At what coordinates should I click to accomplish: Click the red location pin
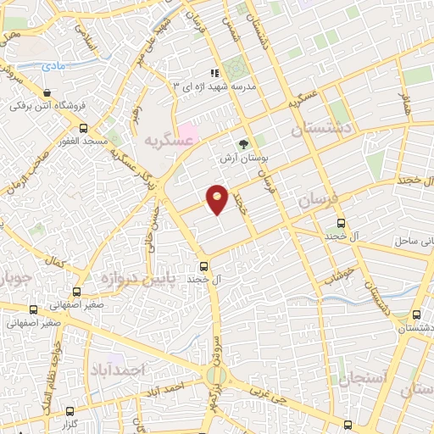pos(218,198)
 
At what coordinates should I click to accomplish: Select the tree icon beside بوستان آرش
pos(244,144)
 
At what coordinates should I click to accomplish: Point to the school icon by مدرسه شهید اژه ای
pos(215,74)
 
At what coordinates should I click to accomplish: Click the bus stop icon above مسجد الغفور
pos(82,127)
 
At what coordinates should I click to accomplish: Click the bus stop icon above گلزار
pos(68,409)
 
